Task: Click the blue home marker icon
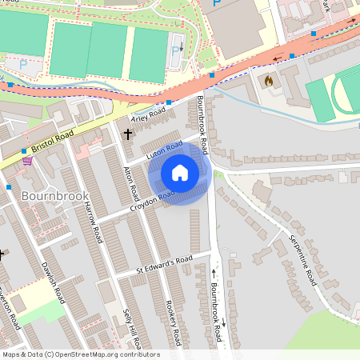pyautogui.click(x=179, y=173)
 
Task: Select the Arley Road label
pyautogui.click(x=146, y=120)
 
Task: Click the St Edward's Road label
pyautogui.click(x=164, y=261)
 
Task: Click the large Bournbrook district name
pyautogui.click(x=48, y=195)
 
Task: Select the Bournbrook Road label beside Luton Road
pyautogui.click(x=202, y=124)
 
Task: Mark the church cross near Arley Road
pyautogui.click(x=127, y=134)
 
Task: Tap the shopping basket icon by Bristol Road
pyautogui.click(x=28, y=160)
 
